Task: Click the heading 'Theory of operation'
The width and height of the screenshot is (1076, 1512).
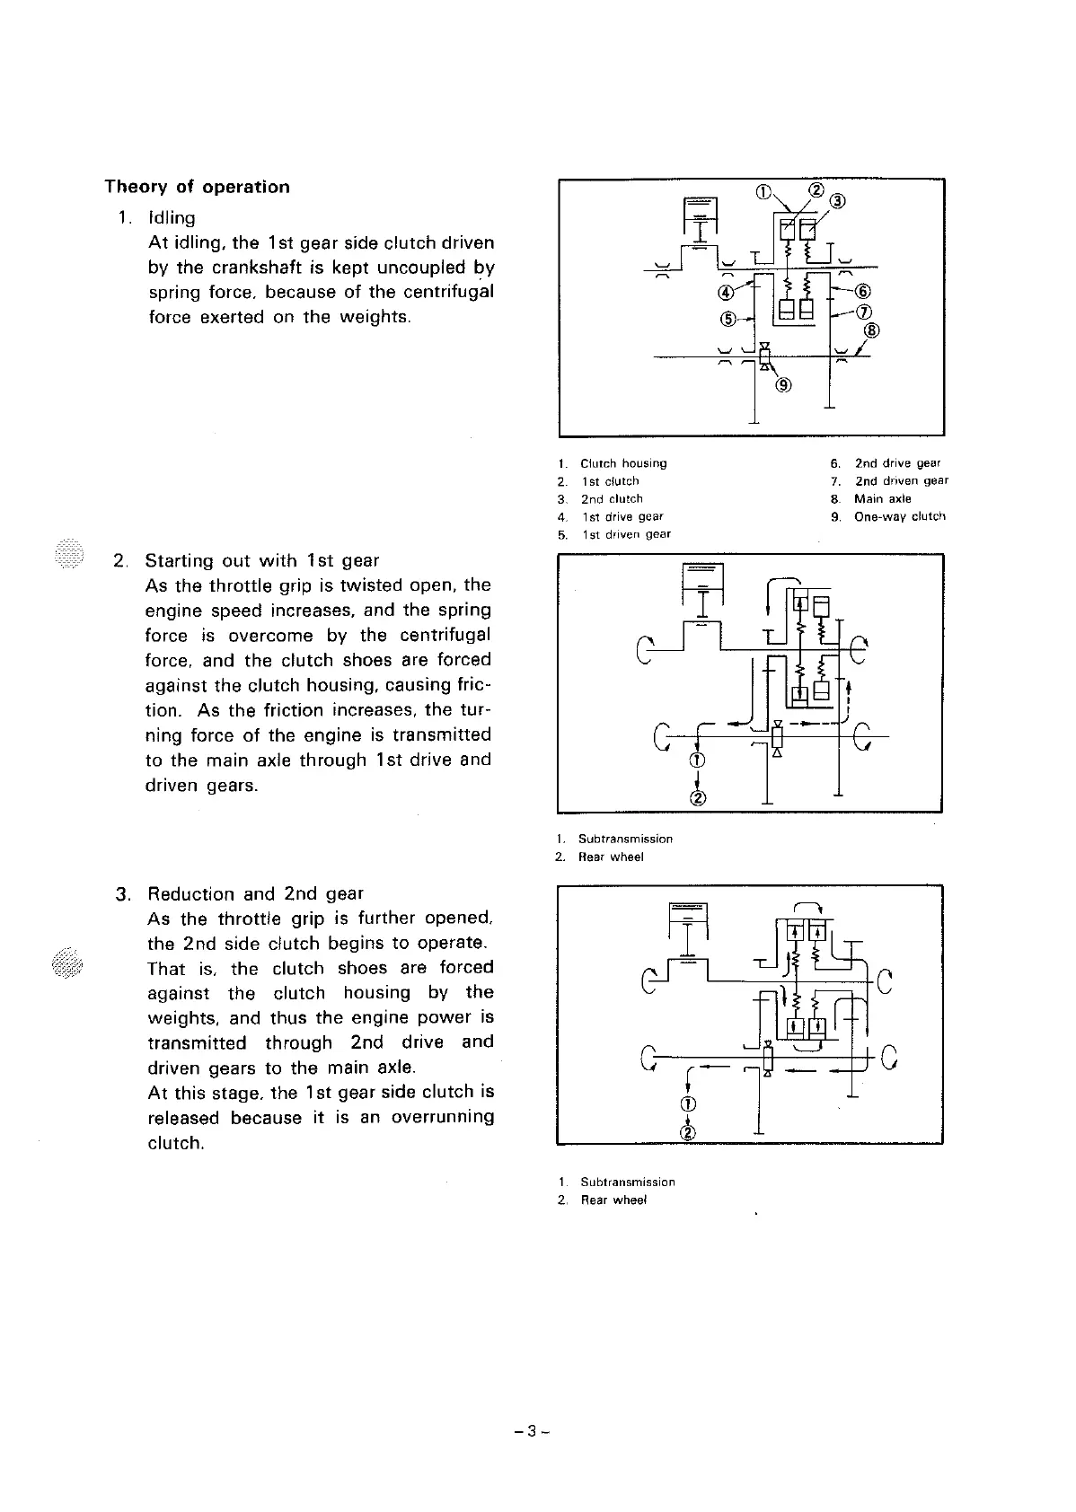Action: click(x=197, y=187)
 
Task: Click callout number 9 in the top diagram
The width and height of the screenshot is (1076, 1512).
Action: click(x=784, y=386)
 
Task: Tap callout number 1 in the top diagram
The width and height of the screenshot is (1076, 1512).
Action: click(x=763, y=190)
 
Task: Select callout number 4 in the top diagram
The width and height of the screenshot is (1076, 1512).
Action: click(x=726, y=291)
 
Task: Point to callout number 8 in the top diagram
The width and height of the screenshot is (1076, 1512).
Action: click(x=870, y=330)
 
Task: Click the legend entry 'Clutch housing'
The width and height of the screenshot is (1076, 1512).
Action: click(x=623, y=463)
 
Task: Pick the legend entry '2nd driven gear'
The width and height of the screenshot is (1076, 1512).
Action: click(x=901, y=480)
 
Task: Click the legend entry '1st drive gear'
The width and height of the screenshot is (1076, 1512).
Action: click(x=622, y=516)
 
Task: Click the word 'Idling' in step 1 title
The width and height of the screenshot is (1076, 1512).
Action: click(x=172, y=217)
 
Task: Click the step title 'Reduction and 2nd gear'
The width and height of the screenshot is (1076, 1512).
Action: click(x=255, y=893)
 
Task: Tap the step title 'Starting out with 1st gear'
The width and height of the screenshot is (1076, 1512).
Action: click(x=262, y=561)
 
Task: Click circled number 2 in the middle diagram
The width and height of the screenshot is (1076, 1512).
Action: click(x=698, y=797)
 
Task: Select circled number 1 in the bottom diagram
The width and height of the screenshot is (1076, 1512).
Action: click(x=689, y=1103)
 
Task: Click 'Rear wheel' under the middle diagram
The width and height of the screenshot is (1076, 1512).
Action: click(x=611, y=857)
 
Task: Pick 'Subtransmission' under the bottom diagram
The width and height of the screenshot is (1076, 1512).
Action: click(x=628, y=1182)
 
